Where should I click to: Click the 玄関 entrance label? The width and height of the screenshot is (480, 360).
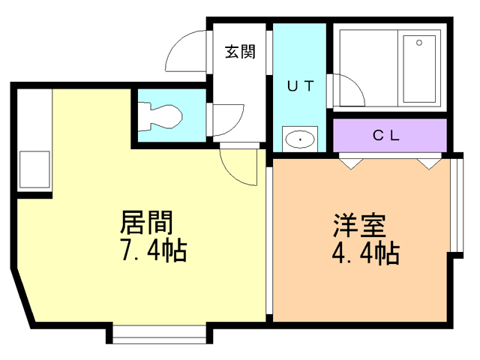pyautogui.click(x=240, y=52)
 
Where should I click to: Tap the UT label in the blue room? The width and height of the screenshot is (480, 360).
pyautogui.click(x=301, y=86)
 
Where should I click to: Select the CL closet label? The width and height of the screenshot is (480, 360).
pyautogui.click(x=386, y=135)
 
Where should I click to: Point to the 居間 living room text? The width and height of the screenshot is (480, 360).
pyautogui.click(x=146, y=222)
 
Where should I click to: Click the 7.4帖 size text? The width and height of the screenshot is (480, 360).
pyautogui.click(x=154, y=250)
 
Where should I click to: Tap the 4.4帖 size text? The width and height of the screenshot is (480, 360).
pyautogui.click(x=366, y=253)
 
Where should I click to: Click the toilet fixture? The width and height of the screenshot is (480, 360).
pyautogui.click(x=160, y=117)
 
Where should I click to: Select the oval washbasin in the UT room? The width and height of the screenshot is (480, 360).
pyautogui.click(x=300, y=139)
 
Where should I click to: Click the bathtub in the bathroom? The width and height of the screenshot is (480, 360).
pyautogui.click(x=419, y=69)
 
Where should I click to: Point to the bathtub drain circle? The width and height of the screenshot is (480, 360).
pyautogui.click(x=419, y=43)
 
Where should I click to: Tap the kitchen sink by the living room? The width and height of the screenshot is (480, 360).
pyautogui.click(x=34, y=169)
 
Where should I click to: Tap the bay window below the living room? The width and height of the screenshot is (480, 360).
pyautogui.click(x=159, y=335)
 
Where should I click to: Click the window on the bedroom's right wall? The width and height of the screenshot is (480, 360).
pyautogui.click(x=458, y=205)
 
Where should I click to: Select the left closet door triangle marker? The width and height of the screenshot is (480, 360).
pyautogui.click(x=351, y=163)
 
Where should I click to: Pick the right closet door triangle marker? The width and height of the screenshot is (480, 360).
pyautogui.click(x=429, y=163)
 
